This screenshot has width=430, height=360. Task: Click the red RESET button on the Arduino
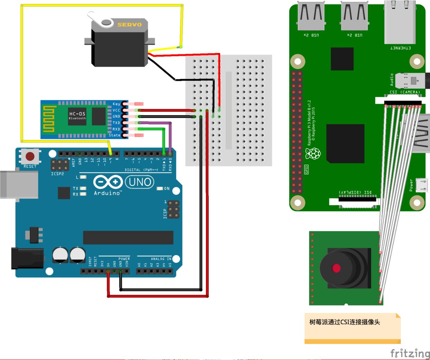[x=30, y=156]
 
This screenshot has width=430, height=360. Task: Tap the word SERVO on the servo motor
[x=129, y=25]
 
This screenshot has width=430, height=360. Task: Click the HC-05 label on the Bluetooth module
[x=77, y=114]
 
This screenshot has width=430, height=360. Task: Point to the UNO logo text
[x=140, y=182]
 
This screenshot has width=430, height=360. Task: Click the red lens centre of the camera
[x=336, y=268]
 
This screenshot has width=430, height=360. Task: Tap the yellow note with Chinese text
[x=352, y=327]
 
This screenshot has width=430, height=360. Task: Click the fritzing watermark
[x=410, y=353]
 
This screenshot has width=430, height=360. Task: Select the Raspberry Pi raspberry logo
[x=313, y=153]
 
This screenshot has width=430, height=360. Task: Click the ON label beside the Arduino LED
[x=167, y=189]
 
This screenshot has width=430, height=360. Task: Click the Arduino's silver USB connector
[x=19, y=184]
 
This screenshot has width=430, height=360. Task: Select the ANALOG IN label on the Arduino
[x=161, y=259]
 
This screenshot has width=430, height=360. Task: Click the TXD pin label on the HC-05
[x=116, y=123]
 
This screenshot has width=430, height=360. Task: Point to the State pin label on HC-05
[x=115, y=135]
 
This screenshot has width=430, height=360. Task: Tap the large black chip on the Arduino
[x=128, y=238]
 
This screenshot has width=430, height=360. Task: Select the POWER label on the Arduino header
[x=124, y=259]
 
